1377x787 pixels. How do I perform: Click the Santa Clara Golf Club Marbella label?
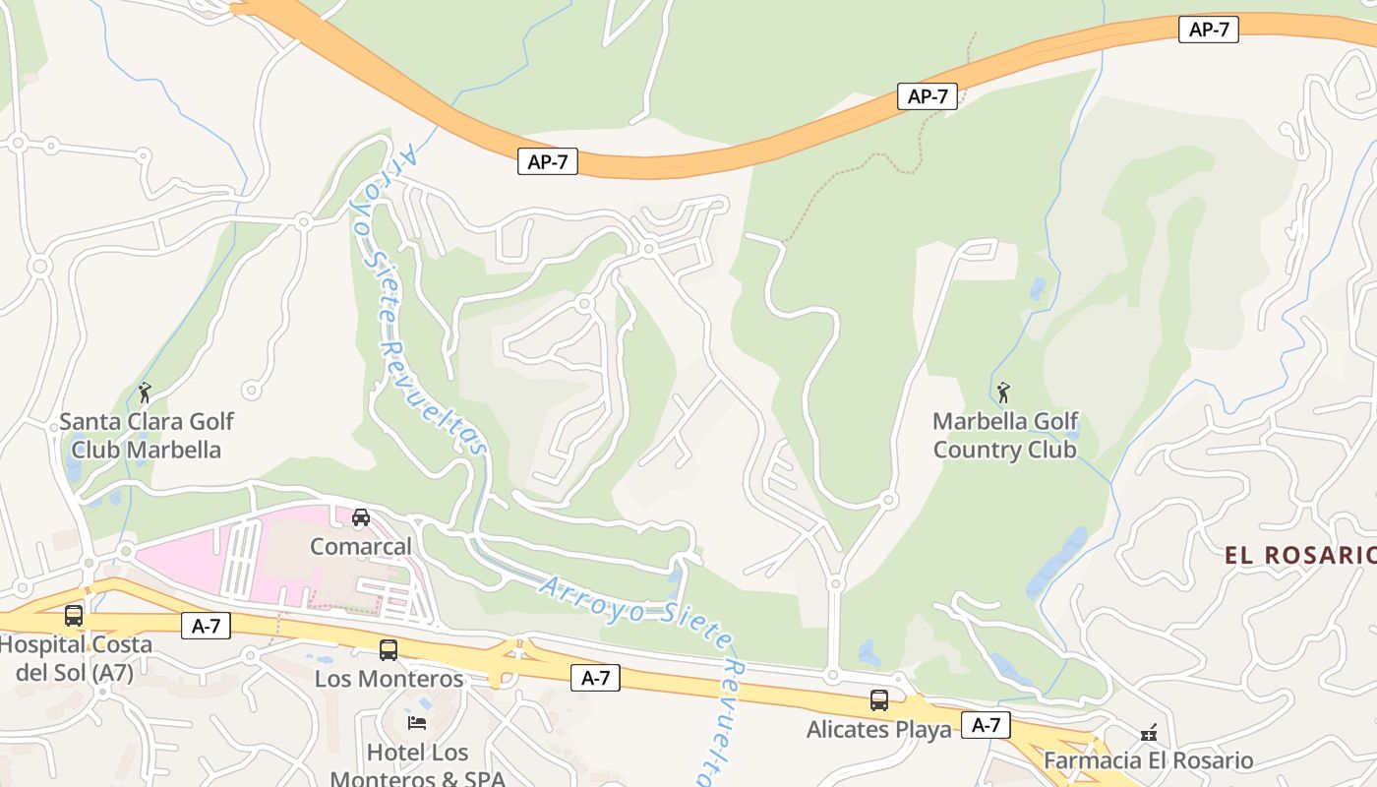[x=147, y=436]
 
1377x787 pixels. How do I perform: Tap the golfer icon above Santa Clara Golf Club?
[x=146, y=393]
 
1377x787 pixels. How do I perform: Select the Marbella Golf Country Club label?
[x=1004, y=436]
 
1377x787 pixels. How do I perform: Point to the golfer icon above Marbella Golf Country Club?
[x=1003, y=393]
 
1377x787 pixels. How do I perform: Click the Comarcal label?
[x=361, y=546]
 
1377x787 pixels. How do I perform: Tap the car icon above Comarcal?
[x=361, y=517]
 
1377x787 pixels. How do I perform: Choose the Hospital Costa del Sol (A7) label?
[x=75, y=658]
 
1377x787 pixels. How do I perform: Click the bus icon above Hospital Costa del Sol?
[x=74, y=616]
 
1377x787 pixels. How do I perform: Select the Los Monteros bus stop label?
[x=389, y=679]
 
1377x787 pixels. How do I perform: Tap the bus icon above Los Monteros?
[x=389, y=650]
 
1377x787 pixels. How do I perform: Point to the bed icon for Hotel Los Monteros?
[x=417, y=723]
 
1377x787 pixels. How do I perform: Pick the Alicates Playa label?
[x=878, y=729]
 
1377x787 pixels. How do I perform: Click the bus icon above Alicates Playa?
[x=879, y=700]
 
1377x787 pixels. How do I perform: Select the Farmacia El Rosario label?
[x=1148, y=760]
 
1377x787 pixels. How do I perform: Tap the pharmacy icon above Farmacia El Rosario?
[x=1148, y=733]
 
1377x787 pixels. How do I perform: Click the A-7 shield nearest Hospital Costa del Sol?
[x=206, y=625]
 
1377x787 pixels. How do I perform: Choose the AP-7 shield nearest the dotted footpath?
[x=928, y=96]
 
